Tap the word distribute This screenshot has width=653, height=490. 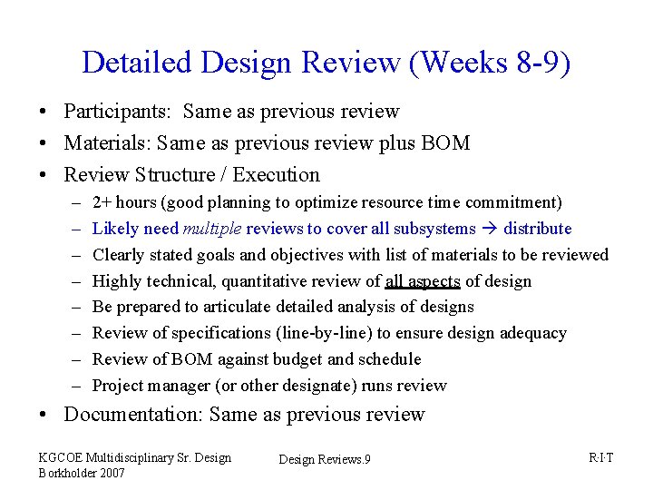(x=538, y=229)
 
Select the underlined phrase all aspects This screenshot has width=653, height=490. (x=423, y=281)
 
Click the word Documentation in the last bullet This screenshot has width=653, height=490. (x=132, y=415)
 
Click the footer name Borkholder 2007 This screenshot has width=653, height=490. (x=80, y=472)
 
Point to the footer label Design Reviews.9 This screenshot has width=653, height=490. (x=324, y=460)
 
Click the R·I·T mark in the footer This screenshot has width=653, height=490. (x=600, y=457)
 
